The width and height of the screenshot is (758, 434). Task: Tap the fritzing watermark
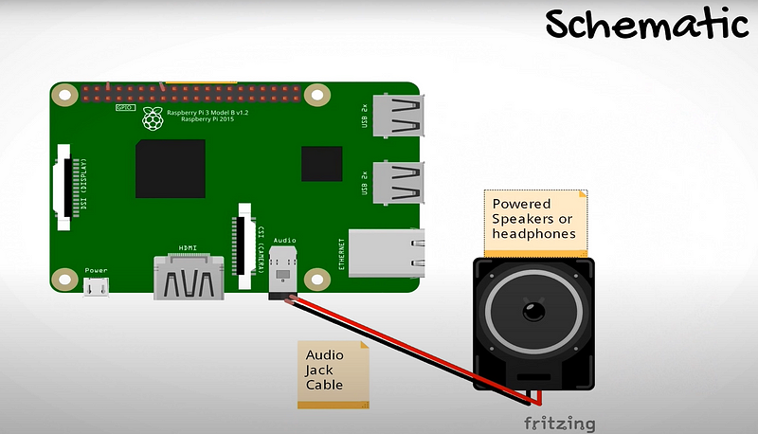tap(560, 423)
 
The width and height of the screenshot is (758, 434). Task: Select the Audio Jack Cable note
tap(332, 374)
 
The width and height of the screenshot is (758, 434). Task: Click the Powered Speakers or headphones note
tap(535, 220)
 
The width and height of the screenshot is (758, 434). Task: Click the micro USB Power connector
tap(97, 288)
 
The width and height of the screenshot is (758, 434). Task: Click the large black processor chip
tap(171, 169)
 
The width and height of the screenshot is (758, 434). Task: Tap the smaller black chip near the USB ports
tap(321, 163)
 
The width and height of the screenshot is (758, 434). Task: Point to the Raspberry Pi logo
tap(150, 115)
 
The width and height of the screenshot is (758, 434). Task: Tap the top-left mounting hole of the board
tap(64, 95)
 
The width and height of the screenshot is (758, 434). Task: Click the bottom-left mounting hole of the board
tap(64, 280)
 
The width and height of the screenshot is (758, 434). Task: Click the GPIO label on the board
tap(124, 108)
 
